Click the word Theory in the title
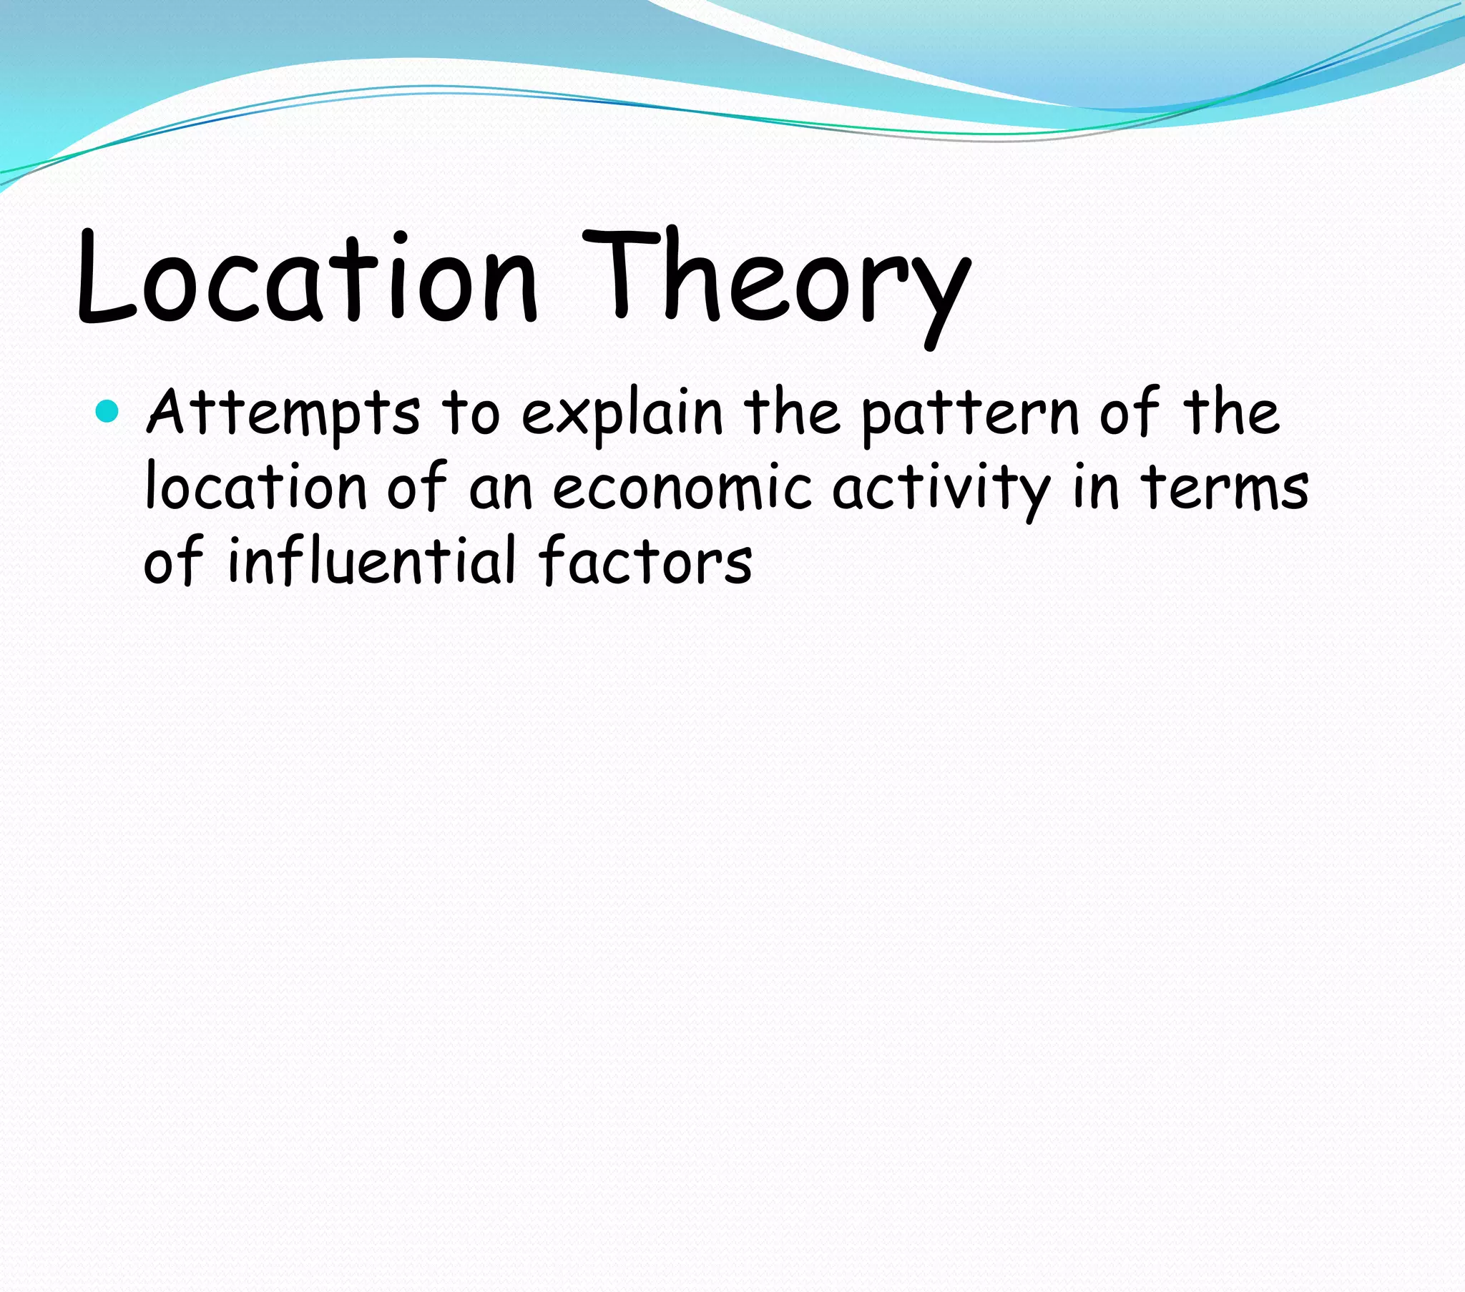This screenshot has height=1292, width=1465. pyautogui.click(x=778, y=283)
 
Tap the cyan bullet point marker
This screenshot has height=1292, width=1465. pyautogui.click(x=107, y=412)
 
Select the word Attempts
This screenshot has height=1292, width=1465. pyautogui.click(x=283, y=414)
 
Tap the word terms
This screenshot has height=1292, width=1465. pyautogui.click(x=1225, y=489)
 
